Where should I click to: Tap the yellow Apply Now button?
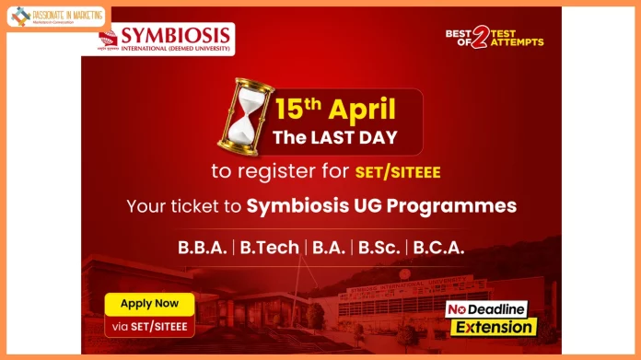(x=149, y=303)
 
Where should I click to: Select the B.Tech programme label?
(x=270, y=248)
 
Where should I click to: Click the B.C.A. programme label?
(x=438, y=248)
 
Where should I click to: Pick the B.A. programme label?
(x=327, y=248)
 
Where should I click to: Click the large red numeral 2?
(x=479, y=40)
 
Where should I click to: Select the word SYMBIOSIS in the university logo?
(x=175, y=33)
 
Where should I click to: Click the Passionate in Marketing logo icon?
(x=19, y=16)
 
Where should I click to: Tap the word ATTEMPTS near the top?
(x=518, y=42)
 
